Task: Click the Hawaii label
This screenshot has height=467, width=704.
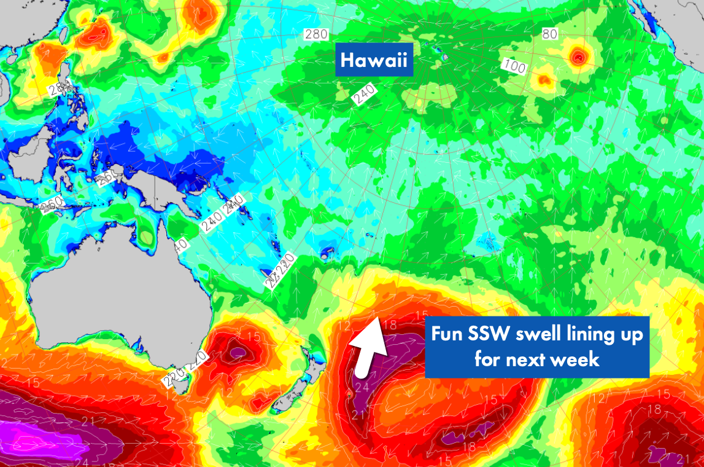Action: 374,61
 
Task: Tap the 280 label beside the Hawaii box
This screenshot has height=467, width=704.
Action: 317,34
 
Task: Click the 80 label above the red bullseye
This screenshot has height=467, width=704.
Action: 550,34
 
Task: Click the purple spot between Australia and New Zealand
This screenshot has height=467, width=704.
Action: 237,352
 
